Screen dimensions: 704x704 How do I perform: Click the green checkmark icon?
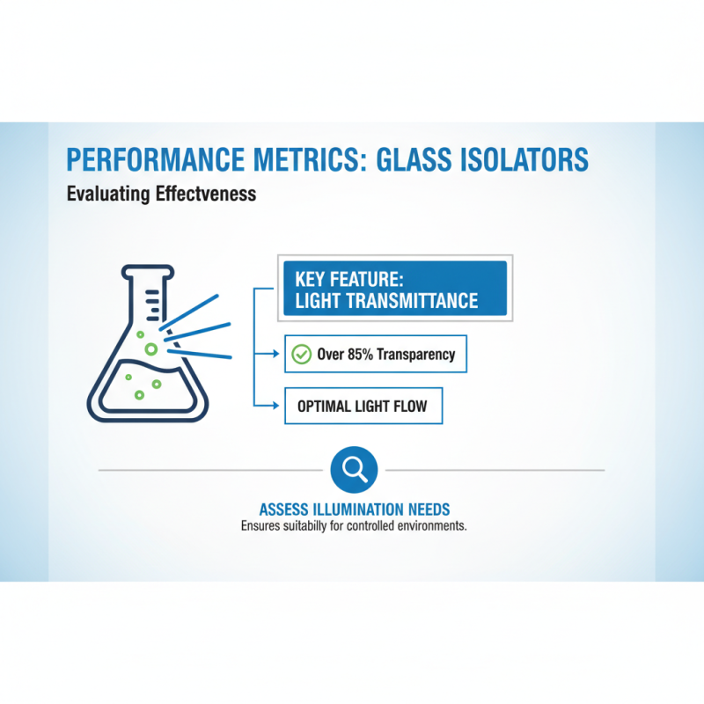pos(301,355)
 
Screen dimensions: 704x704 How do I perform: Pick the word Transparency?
pos(416,355)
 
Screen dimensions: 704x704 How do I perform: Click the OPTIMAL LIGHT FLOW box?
pos(363,407)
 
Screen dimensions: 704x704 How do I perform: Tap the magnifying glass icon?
pos(354,469)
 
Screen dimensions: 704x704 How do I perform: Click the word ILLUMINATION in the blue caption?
pos(356,510)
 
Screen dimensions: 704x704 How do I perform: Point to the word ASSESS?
pos(285,510)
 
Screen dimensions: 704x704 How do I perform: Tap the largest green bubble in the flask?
pos(151,349)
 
